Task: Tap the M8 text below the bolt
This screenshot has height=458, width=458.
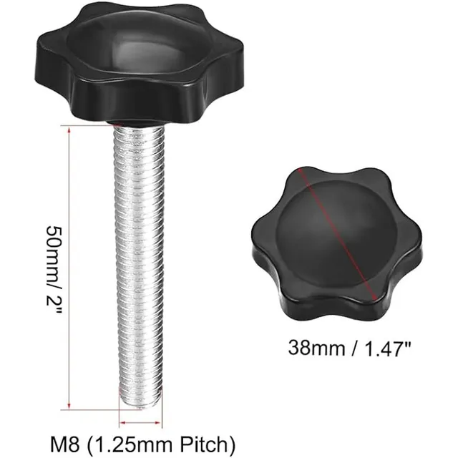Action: tap(65, 445)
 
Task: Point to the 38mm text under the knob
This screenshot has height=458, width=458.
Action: tap(316, 348)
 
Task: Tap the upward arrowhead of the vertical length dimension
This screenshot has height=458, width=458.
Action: tap(69, 130)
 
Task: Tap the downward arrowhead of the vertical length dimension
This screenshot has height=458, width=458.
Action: tap(69, 406)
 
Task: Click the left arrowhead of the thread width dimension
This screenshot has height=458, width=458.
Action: tap(122, 422)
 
